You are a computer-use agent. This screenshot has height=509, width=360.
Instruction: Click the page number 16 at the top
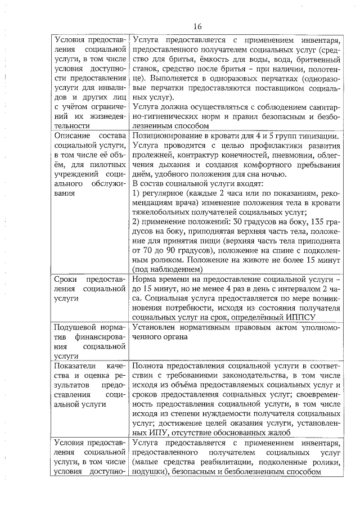click(197, 26)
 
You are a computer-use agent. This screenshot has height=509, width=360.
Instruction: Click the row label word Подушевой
click(75, 327)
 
